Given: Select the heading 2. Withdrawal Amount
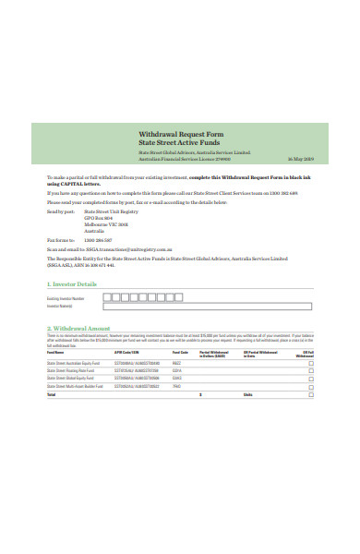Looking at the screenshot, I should (78, 328).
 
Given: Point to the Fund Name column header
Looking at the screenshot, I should (55, 352).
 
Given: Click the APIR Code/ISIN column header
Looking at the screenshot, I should (126, 352).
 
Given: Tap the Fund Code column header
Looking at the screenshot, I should (180, 352).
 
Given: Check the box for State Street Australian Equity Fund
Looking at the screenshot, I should (310, 363).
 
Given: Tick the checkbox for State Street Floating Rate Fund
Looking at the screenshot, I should (310, 370).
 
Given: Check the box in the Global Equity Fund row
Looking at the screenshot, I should (310, 378).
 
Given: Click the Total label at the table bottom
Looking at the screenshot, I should (51, 394).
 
